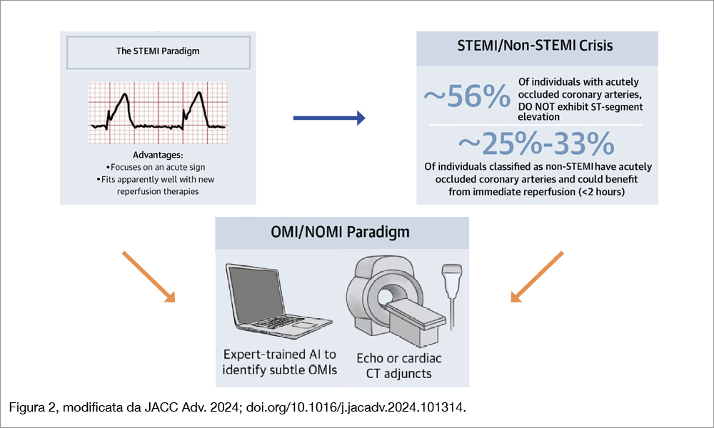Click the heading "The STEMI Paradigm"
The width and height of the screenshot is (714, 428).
pos(158,51)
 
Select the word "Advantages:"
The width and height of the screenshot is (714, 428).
pos(158,155)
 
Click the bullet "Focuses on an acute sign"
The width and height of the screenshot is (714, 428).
pos(155,168)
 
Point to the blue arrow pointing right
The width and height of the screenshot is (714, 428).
pos(329,118)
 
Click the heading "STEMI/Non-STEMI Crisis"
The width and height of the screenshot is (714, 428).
pos(535,46)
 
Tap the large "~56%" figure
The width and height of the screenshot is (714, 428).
pos(467,96)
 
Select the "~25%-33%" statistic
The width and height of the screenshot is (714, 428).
pos(536,143)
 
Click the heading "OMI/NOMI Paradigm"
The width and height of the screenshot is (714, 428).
pos(340,232)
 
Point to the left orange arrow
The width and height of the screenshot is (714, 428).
pos(149,277)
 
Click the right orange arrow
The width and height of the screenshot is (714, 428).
pos(537,277)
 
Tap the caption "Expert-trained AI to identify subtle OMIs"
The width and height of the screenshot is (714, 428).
pos(280,362)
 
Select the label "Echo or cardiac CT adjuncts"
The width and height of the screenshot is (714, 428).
pos(399,366)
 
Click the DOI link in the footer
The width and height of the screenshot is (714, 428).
pos(356,407)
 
